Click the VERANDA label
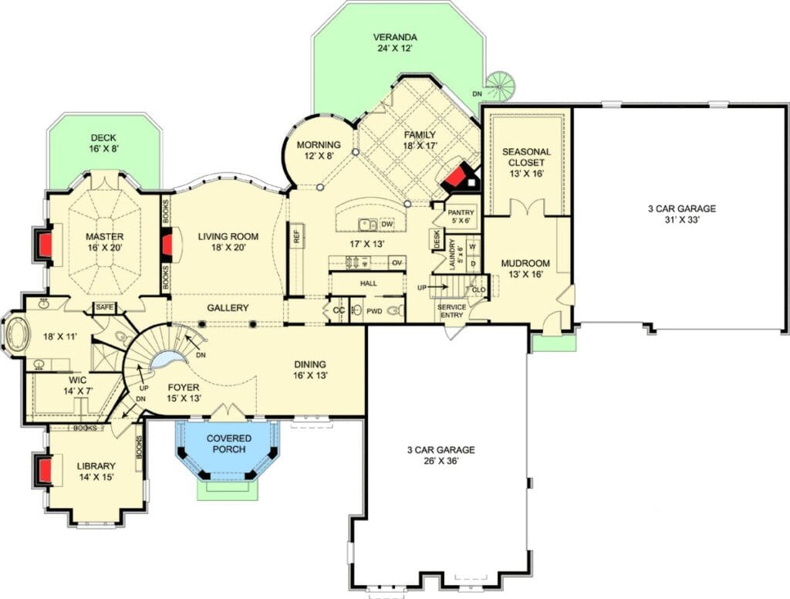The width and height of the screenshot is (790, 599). (394, 37)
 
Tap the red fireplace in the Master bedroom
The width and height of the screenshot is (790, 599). (44, 244)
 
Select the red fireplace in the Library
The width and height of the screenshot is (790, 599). (44, 470)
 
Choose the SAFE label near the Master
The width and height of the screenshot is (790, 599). (105, 307)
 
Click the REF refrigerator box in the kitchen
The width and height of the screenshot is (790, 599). (296, 236)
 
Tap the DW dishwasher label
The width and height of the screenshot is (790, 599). (387, 224)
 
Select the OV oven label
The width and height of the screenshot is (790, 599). (397, 262)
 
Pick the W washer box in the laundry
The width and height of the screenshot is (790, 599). (473, 247)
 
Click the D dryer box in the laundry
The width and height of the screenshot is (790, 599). (473, 263)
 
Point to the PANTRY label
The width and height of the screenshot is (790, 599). (461, 212)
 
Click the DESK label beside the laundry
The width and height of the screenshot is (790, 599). (436, 239)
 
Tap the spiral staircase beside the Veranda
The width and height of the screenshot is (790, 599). (502, 86)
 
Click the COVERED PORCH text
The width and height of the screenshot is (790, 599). (228, 444)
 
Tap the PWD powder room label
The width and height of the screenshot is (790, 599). (374, 311)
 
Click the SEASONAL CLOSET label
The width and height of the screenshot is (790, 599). (526, 157)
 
